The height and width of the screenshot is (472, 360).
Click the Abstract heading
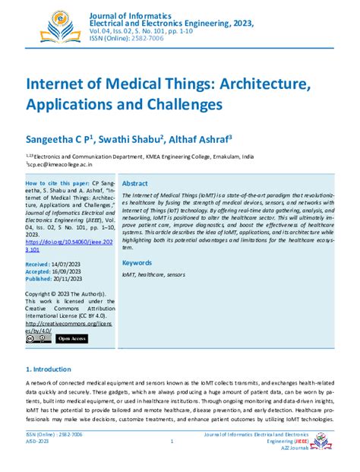coord(135,184)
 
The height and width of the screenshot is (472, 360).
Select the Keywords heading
coord(137,241)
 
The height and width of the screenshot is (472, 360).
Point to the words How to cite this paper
coord(56,184)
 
